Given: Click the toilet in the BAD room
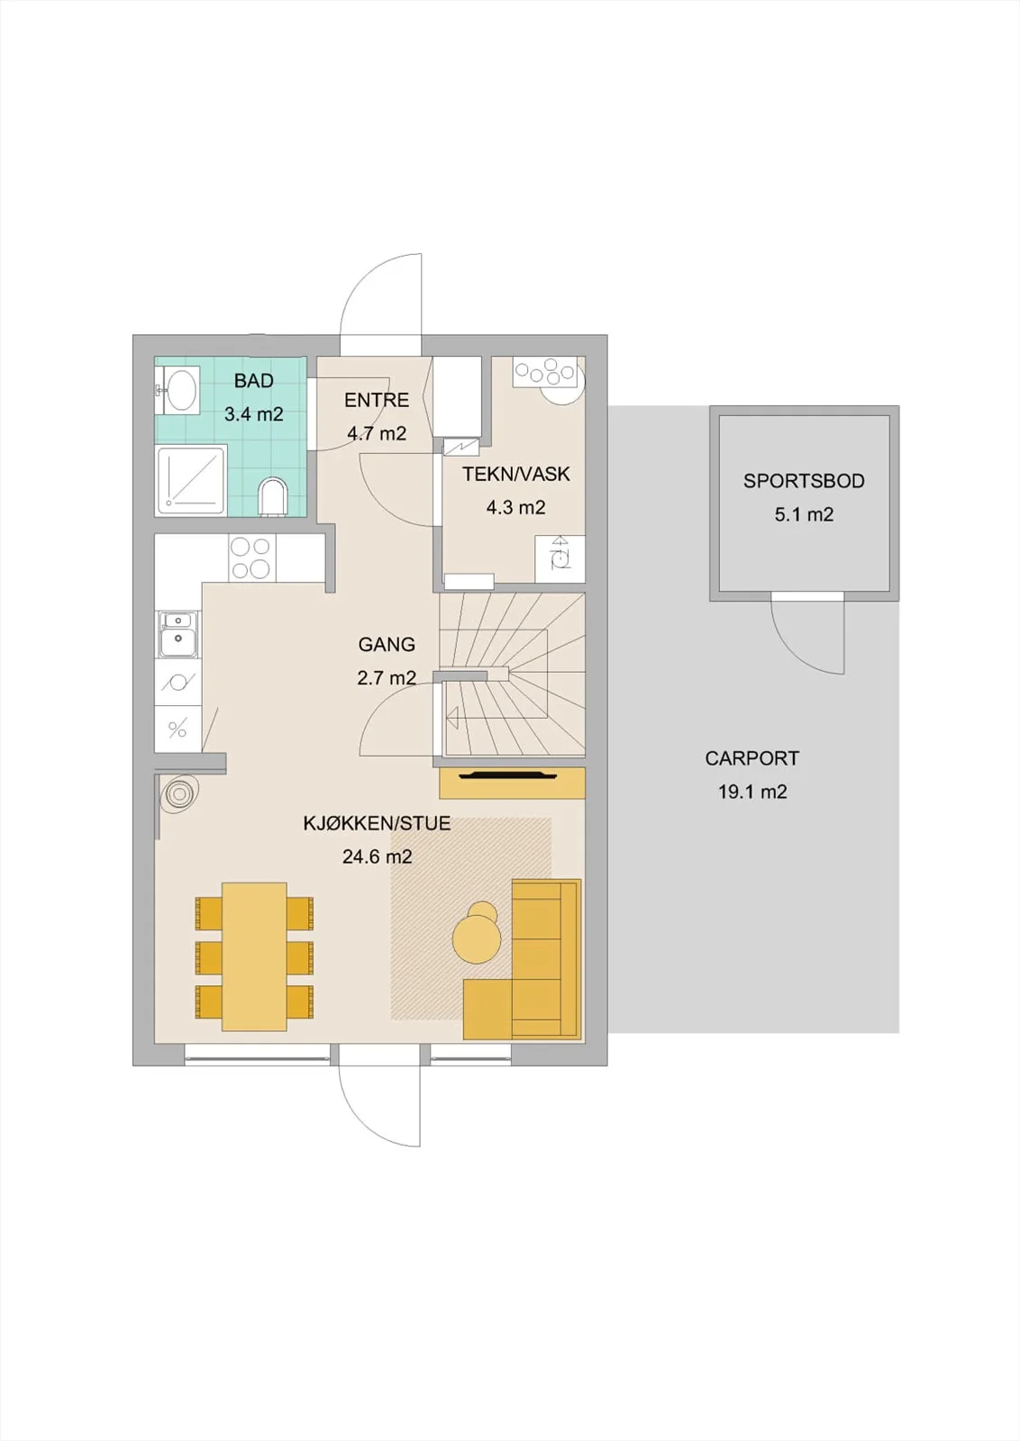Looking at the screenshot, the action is click(x=274, y=496).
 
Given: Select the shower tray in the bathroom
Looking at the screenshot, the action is click(x=190, y=481).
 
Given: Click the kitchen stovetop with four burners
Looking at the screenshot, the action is click(x=251, y=558).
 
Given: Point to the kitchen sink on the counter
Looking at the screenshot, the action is click(x=177, y=634).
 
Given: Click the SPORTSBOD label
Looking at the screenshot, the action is click(x=804, y=481).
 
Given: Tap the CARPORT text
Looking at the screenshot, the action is click(x=751, y=758).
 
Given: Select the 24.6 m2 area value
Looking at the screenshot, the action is click(x=378, y=856).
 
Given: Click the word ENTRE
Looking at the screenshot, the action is click(x=377, y=400).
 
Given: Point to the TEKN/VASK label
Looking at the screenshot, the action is click(x=516, y=474).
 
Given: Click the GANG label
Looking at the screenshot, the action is click(x=387, y=644).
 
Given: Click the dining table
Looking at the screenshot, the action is click(x=254, y=956).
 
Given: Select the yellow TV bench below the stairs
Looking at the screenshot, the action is click(x=512, y=783).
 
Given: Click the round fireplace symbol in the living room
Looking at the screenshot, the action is click(x=179, y=795).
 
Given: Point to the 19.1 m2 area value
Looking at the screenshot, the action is click(x=752, y=792).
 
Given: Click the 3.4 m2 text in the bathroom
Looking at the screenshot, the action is click(x=253, y=414).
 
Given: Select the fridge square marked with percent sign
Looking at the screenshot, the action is click(x=177, y=730).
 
